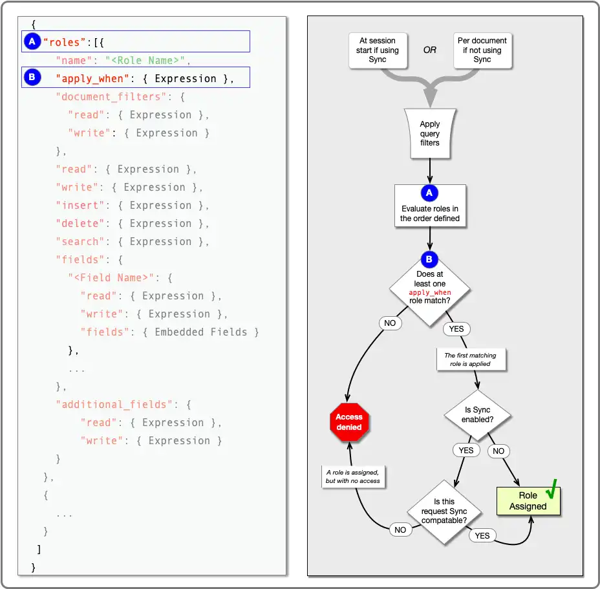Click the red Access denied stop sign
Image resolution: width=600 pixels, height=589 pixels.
pyautogui.click(x=349, y=423)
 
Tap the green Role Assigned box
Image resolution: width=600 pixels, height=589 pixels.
pyautogui.click(x=528, y=501)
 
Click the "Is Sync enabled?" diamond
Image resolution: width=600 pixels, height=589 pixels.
pyautogui.click(x=477, y=415)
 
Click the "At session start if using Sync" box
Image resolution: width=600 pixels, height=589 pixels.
pyautogui.click(x=378, y=50)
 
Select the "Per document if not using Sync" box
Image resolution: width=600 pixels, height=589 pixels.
pyautogui.click(x=482, y=50)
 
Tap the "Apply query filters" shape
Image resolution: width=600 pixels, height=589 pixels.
pyautogui.click(x=430, y=133)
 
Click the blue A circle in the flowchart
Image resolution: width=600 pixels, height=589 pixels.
pyautogui.click(x=430, y=193)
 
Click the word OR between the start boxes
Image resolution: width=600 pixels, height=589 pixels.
pyautogui.click(x=430, y=50)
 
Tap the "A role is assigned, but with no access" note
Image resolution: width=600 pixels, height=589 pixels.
pyautogui.click(x=353, y=477)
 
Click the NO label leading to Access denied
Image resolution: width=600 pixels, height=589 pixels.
pyautogui.click(x=390, y=323)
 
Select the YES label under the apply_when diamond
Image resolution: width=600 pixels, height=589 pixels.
pyautogui.click(x=456, y=328)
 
